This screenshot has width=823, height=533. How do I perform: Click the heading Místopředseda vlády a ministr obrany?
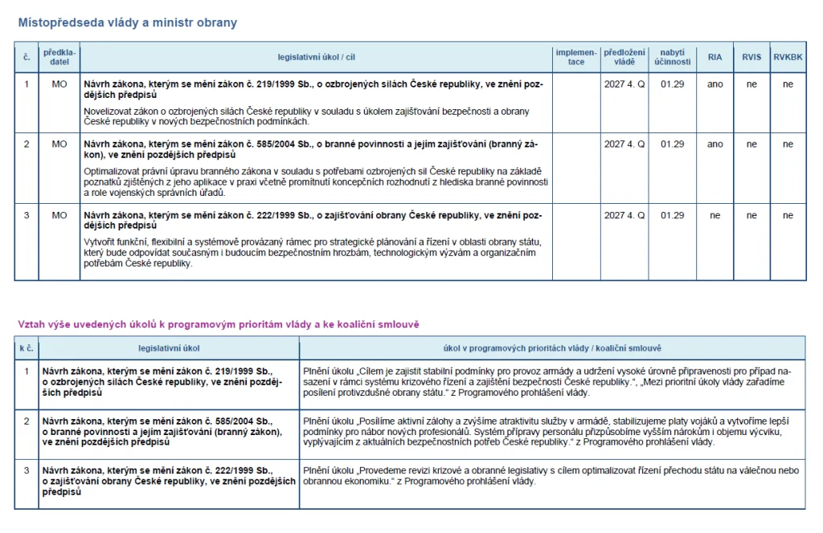point(128,22)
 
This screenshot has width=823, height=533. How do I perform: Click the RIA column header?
point(714,57)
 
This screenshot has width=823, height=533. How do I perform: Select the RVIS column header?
point(751,57)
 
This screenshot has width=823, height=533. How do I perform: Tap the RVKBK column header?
point(788,57)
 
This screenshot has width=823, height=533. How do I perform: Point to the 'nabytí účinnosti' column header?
point(672,57)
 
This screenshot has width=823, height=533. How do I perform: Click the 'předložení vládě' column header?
point(624,57)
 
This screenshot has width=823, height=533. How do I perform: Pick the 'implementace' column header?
point(576,57)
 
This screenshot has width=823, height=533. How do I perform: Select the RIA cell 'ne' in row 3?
point(714,215)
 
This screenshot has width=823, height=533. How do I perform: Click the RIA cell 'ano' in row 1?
point(714,83)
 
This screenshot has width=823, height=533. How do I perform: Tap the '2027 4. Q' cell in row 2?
point(624,144)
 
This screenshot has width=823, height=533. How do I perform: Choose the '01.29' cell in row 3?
point(672,215)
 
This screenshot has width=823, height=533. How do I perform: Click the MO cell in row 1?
point(59,83)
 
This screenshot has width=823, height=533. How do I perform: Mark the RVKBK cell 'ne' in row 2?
point(788,144)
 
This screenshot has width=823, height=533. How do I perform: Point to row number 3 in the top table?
point(27,215)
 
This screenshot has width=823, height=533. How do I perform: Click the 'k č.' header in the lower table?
point(27,348)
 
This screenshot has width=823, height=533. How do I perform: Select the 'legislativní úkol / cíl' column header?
point(316,57)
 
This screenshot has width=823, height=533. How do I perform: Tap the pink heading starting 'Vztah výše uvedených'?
point(219,323)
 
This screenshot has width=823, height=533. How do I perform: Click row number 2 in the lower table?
point(27,420)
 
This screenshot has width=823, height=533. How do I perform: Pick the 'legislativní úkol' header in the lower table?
point(169,348)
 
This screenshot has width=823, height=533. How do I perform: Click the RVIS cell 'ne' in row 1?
point(751,83)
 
